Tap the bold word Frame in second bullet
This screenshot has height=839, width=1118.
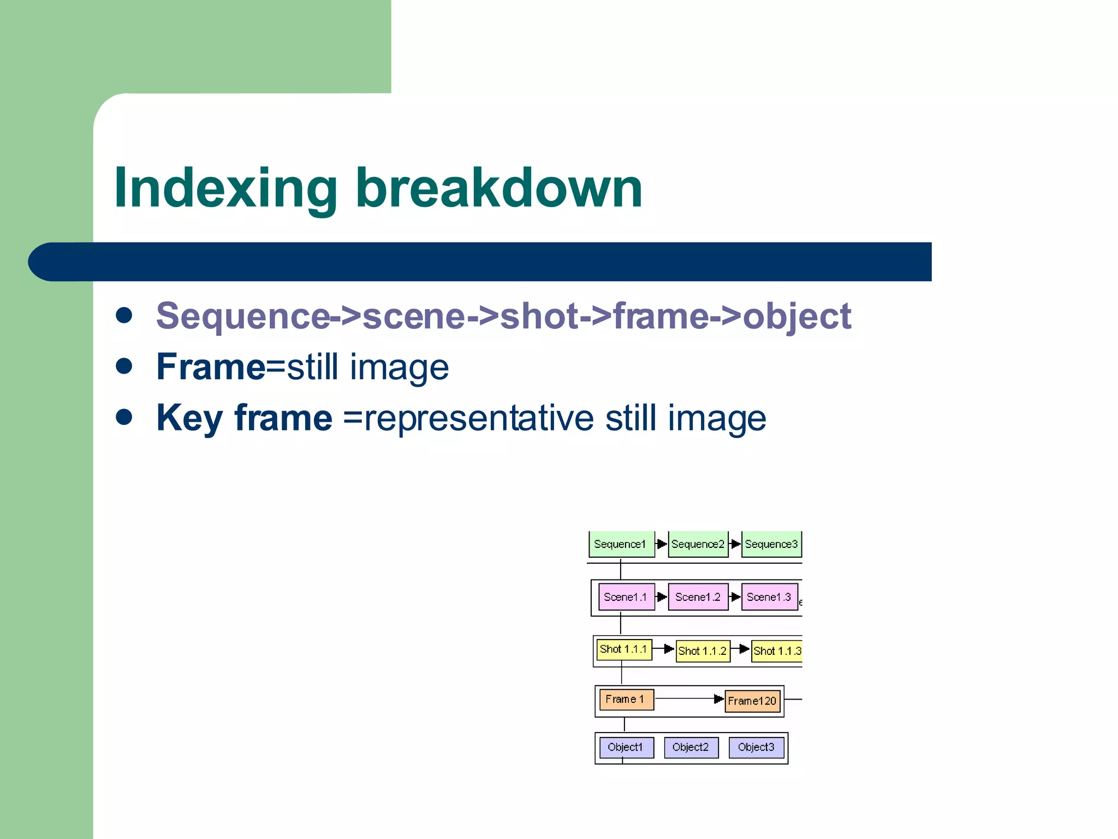[211, 367]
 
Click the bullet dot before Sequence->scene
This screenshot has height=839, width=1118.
[124, 315]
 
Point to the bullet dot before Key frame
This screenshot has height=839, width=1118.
[124, 417]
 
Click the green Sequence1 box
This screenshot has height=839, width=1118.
[621, 544]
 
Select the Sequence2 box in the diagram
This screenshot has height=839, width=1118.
[698, 544]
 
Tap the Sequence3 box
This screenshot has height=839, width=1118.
[771, 544]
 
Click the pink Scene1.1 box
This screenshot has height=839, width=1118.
[626, 597]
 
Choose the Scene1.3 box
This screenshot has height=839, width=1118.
[769, 597]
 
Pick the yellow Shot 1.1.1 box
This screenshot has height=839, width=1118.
[624, 649]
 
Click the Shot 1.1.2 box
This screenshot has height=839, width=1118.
[703, 651]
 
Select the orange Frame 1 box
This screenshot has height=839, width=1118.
[626, 699]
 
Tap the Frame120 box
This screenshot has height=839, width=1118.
[752, 701]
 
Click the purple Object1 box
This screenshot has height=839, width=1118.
[626, 747]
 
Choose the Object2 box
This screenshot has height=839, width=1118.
[691, 747]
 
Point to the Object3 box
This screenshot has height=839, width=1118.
[756, 747]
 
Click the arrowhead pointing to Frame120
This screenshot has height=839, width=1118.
[718, 699]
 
